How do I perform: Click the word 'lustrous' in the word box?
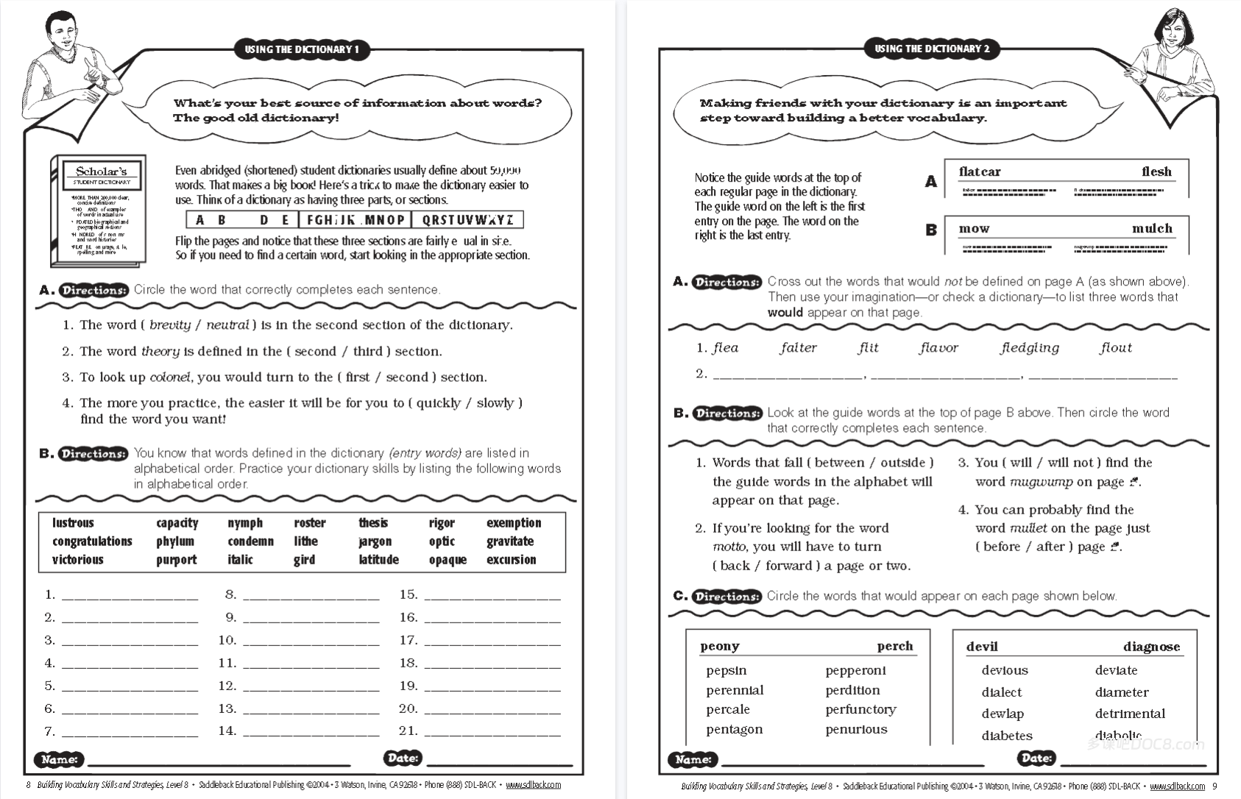pos(73,523)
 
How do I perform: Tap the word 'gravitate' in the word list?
pos(509,541)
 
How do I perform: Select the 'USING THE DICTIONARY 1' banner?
pos(302,50)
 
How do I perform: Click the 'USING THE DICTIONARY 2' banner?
pos(931,49)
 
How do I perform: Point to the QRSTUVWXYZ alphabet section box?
pos(467,220)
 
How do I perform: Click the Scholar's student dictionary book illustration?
pos(99,210)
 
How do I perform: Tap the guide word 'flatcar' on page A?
pos(979,171)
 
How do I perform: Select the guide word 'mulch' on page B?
pos(1151,229)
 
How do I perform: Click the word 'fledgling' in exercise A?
pos(1029,348)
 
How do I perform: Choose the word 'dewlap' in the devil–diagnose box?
pos(1002,714)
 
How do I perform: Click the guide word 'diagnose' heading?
pos(1151,647)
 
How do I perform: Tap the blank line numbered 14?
pos(311,732)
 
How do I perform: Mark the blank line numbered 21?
pos(492,732)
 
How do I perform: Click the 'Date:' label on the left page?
pos(402,758)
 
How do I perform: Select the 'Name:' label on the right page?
pos(693,759)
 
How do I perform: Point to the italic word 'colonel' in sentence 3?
pos(170,377)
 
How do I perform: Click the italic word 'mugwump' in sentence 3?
pos(1041,483)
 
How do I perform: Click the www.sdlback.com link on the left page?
pos(533,785)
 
